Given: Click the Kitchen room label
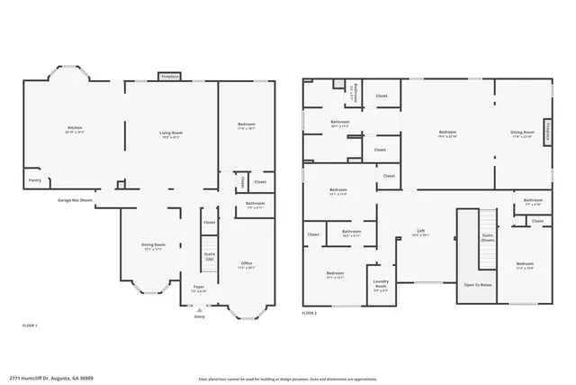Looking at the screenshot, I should click(x=75, y=128).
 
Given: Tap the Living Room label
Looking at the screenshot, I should click(x=171, y=133).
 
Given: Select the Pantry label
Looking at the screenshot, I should click(x=35, y=180).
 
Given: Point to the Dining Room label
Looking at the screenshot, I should click(x=153, y=245).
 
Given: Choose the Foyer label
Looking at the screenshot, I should click(x=199, y=287).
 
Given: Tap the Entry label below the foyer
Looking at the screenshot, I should click(x=200, y=316).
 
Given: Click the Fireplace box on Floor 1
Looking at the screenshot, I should click(x=170, y=78).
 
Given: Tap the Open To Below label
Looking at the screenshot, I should click(x=477, y=285).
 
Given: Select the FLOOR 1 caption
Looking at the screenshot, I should click(x=30, y=325).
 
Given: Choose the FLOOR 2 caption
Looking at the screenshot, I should click(x=310, y=313).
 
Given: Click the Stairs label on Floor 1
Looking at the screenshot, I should click(x=209, y=256).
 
